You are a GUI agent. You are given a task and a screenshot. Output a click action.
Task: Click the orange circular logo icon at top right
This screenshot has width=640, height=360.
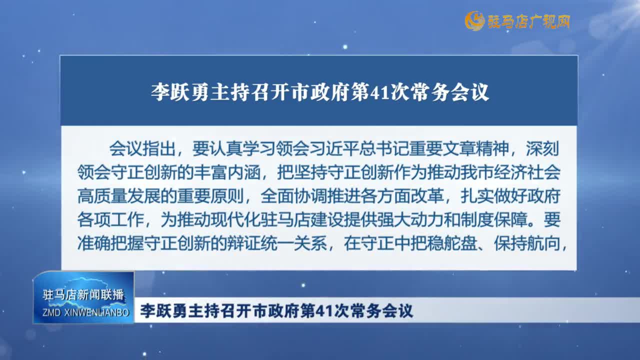[474, 21]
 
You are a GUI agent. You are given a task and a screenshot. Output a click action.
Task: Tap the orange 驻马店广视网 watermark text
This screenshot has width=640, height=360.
[528, 21]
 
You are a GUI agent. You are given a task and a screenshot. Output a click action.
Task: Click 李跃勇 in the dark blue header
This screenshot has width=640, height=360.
[179, 92]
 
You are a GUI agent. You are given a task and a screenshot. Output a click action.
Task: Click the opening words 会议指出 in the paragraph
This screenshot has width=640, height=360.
[142, 148]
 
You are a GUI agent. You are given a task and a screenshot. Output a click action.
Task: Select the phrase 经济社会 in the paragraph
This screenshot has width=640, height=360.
[527, 172]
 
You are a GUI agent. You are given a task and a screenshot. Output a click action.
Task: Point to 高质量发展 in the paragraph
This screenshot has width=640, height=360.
[119, 196]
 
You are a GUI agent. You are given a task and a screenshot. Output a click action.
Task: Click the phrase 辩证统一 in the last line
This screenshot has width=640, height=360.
[260, 243]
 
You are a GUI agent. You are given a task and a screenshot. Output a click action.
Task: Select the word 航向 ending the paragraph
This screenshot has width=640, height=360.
[543, 243]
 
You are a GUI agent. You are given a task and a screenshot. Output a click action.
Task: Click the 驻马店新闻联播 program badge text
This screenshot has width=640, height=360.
[83, 294]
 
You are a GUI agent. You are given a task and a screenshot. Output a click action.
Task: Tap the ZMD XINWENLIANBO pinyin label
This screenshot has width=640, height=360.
[85, 312]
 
